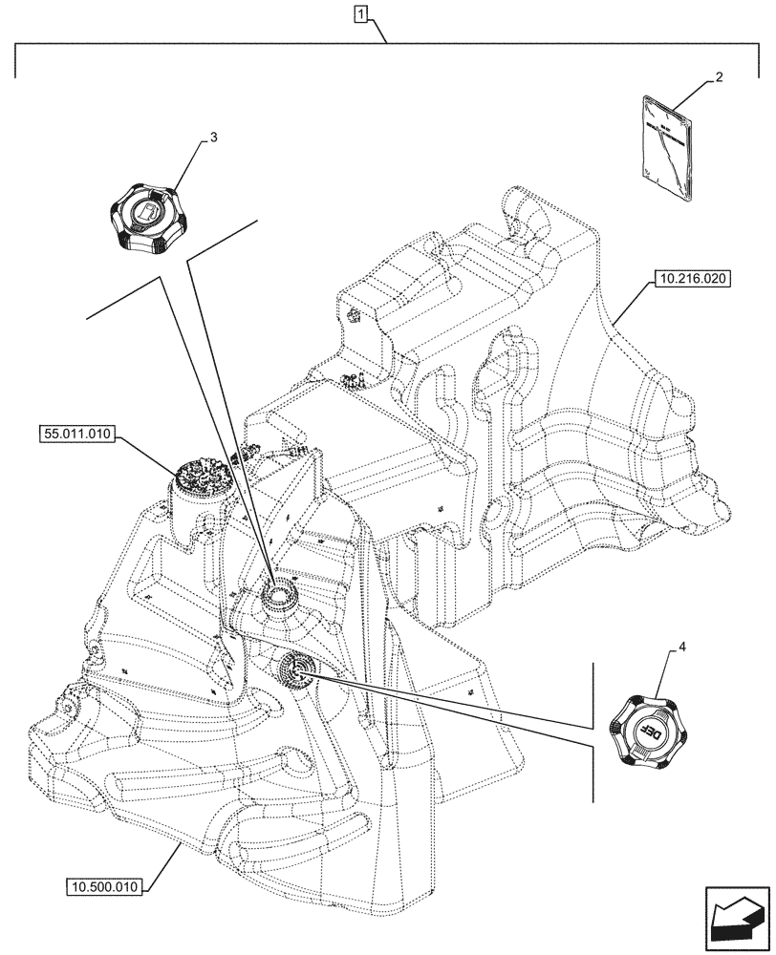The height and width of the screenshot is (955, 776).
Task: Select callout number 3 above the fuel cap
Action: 213,137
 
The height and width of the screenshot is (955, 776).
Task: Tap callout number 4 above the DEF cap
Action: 681,647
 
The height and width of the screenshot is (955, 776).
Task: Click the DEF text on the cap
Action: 649,730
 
